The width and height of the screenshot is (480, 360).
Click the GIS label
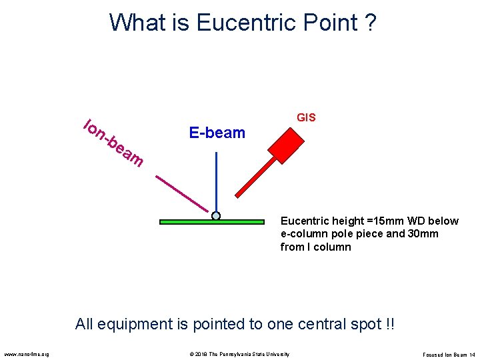coord(306,118)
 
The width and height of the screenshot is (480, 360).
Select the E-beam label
coord(217,133)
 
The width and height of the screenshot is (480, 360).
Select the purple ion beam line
coord(181,193)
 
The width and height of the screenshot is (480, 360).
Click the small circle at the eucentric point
coord(216,216)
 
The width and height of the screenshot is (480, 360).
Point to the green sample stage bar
coord(180,222)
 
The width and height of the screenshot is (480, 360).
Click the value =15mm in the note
coord(373,221)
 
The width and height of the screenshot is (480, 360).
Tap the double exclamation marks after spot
coord(389,325)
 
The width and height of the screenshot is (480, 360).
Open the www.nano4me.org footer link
coord(26,354)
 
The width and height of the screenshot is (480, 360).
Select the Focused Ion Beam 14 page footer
coord(449,354)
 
